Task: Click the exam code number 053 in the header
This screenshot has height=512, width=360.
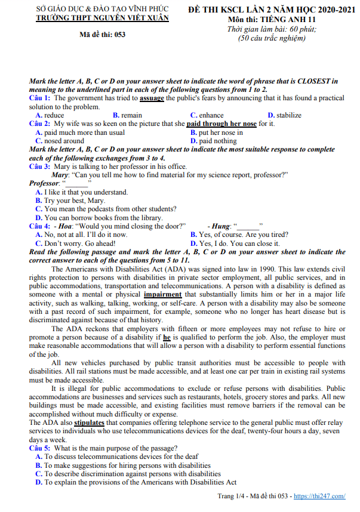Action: tap(119, 34)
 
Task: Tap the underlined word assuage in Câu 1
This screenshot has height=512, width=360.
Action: tap(152, 98)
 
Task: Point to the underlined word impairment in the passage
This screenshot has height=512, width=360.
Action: tap(163, 294)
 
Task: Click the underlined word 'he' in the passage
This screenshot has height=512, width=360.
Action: tap(167, 337)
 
